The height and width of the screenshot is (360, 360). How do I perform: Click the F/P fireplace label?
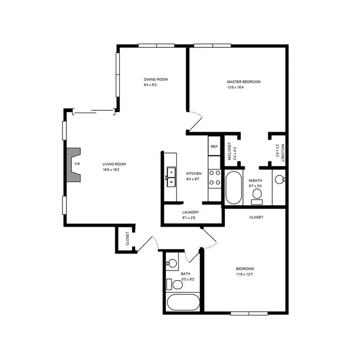coord(77,164)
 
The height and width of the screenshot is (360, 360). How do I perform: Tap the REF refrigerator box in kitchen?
coord(214,146)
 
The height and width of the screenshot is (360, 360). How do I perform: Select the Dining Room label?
coord(156,79)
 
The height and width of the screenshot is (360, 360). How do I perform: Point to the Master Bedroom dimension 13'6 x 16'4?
coord(235,87)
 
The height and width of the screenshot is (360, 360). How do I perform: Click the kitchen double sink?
coord(171,177)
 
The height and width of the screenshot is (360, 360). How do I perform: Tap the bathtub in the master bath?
coord(234,187)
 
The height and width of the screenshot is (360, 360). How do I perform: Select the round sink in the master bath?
coord(280,179)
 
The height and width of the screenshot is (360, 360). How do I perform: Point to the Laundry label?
coord(191,213)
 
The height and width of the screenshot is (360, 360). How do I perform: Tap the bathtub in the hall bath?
coord(183,303)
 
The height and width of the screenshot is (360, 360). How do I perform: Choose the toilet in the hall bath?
coord(174,285)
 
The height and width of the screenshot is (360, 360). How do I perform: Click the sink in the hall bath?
coord(172,263)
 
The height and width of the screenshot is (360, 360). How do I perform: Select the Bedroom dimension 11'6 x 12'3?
coord(244,274)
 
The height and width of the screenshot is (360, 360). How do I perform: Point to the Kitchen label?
coord(194,174)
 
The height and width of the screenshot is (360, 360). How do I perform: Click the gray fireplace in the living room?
coord(74,165)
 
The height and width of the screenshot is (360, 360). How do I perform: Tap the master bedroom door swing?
coord(195,121)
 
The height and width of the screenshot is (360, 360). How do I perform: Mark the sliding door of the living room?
coord(94,112)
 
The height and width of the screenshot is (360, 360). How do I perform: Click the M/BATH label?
coord(255,181)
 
